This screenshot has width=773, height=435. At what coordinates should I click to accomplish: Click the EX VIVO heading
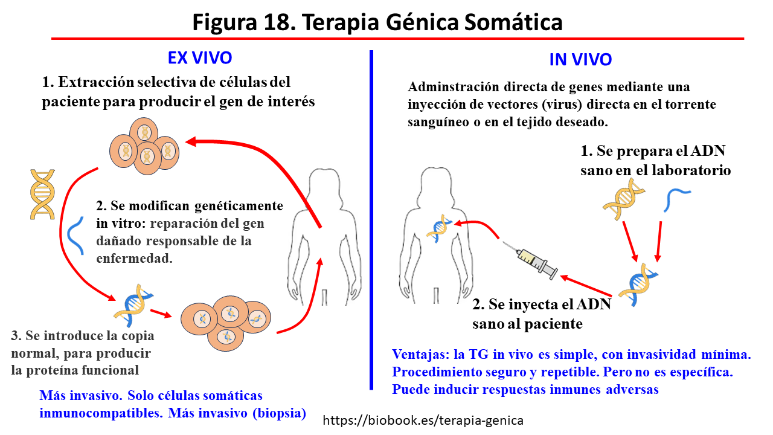pyautogui.click(x=200, y=58)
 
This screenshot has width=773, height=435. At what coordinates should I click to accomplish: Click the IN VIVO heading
pyautogui.click(x=580, y=60)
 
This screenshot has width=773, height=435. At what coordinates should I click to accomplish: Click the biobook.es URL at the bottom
pyautogui.click(x=423, y=420)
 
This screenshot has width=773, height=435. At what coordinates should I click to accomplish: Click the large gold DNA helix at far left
pyautogui.click(x=42, y=194)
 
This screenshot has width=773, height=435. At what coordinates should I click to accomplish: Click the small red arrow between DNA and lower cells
pyautogui.click(x=160, y=313)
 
